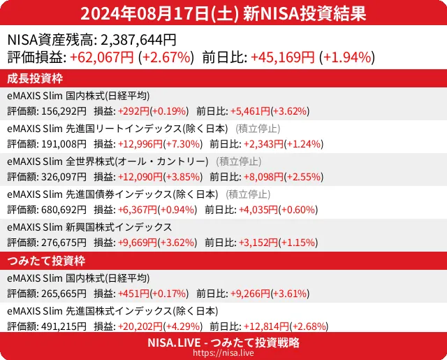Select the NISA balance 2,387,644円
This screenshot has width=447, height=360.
click(x=139, y=41)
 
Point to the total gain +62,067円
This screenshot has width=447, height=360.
click(x=101, y=58)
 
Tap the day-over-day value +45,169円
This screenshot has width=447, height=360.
click(x=283, y=58)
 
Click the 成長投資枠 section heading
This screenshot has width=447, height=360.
click(x=35, y=78)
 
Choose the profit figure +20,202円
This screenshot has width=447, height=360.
click(x=140, y=326)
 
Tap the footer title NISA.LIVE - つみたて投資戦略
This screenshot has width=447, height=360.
click(x=223, y=343)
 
